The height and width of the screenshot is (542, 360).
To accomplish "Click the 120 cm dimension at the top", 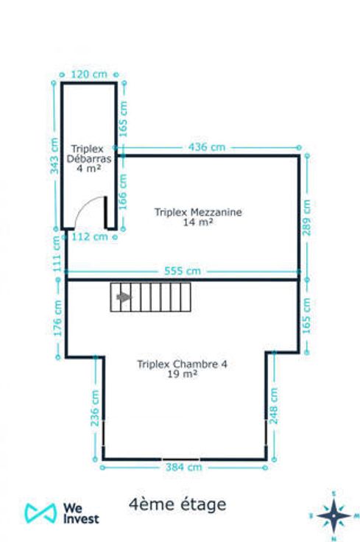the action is pos(89,74).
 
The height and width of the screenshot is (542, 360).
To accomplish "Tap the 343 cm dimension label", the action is pos(54,155).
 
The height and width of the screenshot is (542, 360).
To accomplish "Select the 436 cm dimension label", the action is pos(207,147).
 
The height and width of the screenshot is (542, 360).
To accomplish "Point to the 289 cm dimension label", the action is pos(307,217).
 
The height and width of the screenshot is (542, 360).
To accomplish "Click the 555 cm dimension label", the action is pos(183,271).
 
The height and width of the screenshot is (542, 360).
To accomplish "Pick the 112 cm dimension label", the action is pos(90,237).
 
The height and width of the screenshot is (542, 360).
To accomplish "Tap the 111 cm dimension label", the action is pos(57,254).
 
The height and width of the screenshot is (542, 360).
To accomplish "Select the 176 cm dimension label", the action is pos(57,318).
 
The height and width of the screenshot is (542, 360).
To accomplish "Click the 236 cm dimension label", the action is pos(95,408).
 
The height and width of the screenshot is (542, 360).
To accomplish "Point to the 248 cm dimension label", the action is pos(273,406).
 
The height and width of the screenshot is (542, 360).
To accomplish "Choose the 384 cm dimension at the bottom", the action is pos(183,468).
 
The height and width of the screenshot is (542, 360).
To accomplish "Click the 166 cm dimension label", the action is pos(123,191).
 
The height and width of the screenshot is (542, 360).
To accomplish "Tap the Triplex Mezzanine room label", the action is pos(198,217).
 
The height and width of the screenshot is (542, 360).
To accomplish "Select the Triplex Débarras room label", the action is pos(89,158).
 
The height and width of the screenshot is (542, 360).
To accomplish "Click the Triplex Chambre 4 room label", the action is pos(183,369).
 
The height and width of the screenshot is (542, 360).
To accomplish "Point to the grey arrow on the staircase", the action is pos(124,297).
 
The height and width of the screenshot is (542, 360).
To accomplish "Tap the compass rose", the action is pos(333,515).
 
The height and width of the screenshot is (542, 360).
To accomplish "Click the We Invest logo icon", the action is pos(40,513).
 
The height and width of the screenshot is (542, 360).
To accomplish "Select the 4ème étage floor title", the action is pos(177,504).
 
